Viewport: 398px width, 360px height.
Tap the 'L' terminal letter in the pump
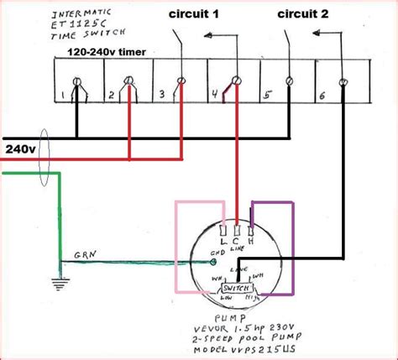(x=223, y=240)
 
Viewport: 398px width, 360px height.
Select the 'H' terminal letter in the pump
(x=251, y=240)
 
